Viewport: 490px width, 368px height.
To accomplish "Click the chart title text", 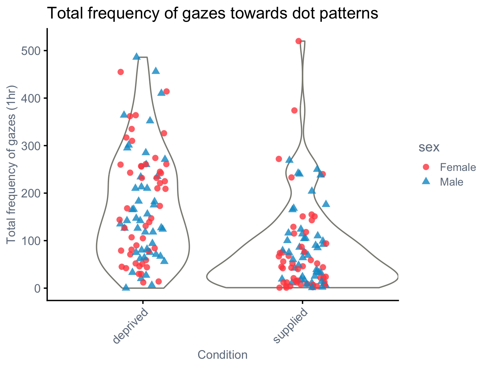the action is coord(212,13).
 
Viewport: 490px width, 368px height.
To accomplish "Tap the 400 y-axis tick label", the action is coord(31,98).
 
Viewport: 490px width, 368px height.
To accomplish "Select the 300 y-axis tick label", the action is coord(31,146).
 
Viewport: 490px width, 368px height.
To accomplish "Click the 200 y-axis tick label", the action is coord(31,193).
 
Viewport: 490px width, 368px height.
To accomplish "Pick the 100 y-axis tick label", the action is coord(31,241).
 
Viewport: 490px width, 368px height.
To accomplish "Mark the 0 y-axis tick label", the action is coord(38,288).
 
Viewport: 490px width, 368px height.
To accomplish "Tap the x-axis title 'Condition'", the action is coord(223,355).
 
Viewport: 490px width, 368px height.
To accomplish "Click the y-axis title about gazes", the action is coord(11,165).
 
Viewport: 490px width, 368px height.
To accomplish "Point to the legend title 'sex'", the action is coord(429,147).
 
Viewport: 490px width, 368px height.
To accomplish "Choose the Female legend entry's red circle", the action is coord(426,167).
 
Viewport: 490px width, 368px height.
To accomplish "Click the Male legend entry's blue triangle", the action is coord(426,181).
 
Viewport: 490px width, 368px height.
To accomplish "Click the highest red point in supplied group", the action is coord(299,41).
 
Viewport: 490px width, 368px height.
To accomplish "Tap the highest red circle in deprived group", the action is coord(121,72).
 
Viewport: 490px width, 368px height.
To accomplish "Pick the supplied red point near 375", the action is coord(294,111).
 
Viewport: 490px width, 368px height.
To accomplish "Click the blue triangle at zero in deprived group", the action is coord(126,287).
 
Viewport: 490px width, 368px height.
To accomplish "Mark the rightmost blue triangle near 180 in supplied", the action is coord(326,204).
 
